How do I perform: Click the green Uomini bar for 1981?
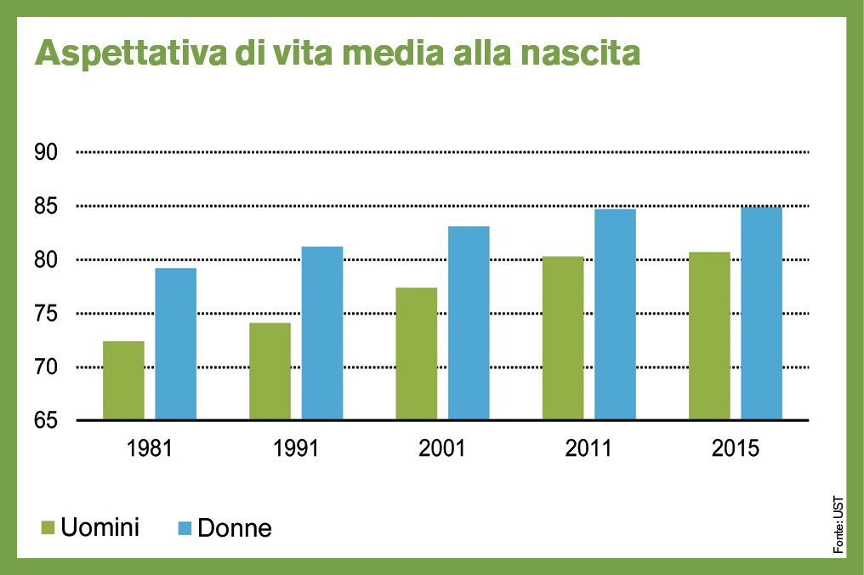coord(123,380)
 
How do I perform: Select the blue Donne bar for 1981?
coord(175,344)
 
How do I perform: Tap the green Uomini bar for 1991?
coord(270,371)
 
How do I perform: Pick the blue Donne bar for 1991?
coord(322,333)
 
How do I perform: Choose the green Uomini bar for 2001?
coord(417,354)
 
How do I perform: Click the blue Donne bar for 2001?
coord(469,322)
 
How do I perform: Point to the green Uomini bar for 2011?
coord(563,338)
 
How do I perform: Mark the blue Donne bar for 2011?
coord(615,314)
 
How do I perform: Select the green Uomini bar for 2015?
coord(709,336)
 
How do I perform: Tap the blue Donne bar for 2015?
coord(761,313)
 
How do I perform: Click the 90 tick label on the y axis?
coord(45,152)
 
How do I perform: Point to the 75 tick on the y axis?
coord(45,314)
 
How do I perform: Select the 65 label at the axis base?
coord(45,421)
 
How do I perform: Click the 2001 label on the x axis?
coord(442,447)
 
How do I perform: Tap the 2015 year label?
coord(736,447)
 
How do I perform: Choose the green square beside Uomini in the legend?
coord(48,527)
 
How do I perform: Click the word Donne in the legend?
coord(235,527)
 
